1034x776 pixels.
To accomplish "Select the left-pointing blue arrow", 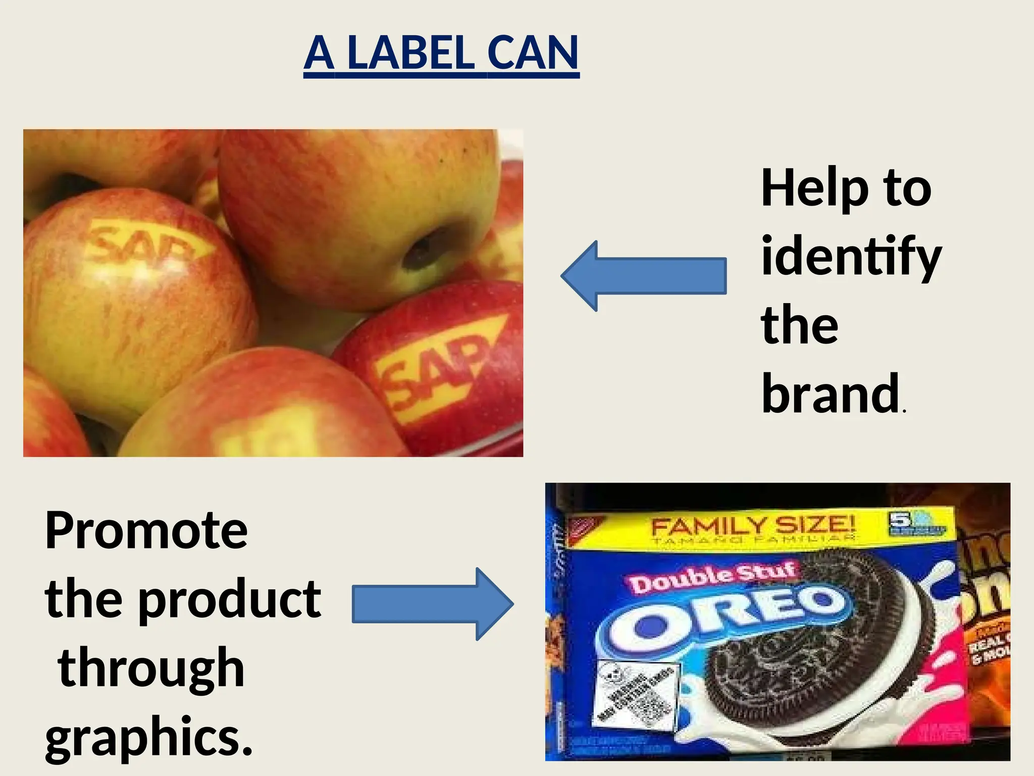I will pyautogui.click(x=644, y=276).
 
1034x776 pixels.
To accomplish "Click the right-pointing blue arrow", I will pyautogui.click(x=432, y=604).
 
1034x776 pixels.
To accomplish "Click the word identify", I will pyautogui.click(x=851, y=258).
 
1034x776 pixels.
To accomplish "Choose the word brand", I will pyautogui.click(x=831, y=394).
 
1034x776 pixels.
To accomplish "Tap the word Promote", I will pyautogui.click(x=146, y=530).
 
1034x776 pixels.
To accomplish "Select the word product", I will pyautogui.click(x=230, y=600).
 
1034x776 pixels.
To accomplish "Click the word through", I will pyautogui.click(x=151, y=668).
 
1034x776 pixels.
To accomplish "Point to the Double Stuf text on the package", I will pyautogui.click(x=712, y=577).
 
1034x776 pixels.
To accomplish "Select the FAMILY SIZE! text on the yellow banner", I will pyautogui.click(x=752, y=525).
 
